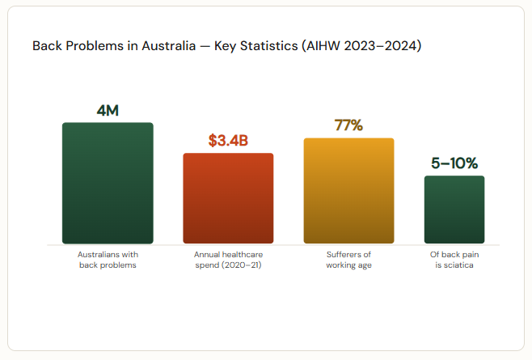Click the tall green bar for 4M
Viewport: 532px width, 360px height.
[x=108, y=183]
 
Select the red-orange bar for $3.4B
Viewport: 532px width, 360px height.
[x=228, y=198]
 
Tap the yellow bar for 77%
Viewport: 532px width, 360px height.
[x=348, y=191]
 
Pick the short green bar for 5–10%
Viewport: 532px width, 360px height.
[x=454, y=210]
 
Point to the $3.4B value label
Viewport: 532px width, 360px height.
[x=228, y=141]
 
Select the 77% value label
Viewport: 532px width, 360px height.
[x=348, y=125]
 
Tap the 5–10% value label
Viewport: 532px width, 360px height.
[x=454, y=163]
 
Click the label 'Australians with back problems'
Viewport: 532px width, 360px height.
[x=108, y=260]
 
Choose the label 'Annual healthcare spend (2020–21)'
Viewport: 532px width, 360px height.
[x=228, y=260]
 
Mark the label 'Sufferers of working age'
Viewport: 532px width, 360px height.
[x=348, y=260]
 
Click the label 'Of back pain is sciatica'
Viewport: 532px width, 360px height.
[x=454, y=260]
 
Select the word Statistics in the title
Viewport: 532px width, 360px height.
[x=265, y=45]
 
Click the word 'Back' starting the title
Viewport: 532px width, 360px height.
[x=46, y=45]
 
